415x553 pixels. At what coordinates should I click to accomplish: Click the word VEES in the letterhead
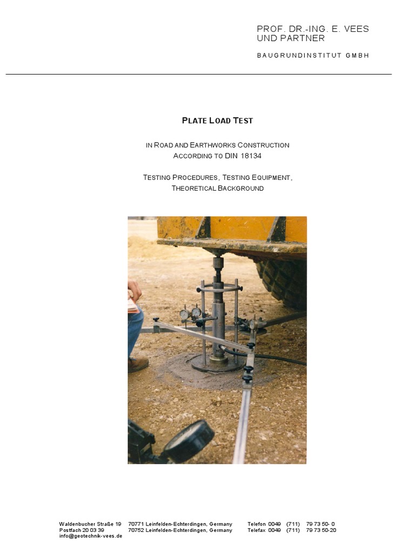tap(356, 29)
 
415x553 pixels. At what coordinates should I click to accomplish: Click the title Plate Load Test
tap(217, 120)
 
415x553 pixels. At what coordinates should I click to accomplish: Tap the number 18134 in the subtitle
tap(250, 156)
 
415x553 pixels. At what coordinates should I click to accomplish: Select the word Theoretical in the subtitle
tap(193, 188)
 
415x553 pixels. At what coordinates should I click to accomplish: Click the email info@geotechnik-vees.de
tap(91, 536)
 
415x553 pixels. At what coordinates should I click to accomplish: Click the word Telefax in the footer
tap(257, 530)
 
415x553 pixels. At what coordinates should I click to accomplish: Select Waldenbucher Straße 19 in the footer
tap(90, 524)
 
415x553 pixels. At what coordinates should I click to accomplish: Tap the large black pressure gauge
tap(189, 440)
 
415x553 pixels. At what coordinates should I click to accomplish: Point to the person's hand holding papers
tap(133, 292)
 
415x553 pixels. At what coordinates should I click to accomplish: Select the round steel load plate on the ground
tap(216, 365)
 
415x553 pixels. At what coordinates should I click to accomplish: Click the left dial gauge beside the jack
tap(184, 314)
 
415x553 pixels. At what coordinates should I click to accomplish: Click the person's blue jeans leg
tap(135, 332)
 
